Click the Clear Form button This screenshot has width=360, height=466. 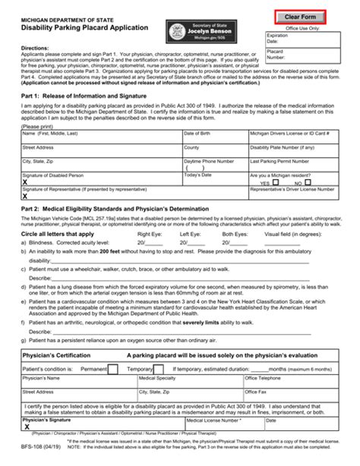(301, 17)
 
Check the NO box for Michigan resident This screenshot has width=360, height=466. (308, 182)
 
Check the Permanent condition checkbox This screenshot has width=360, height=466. (112, 369)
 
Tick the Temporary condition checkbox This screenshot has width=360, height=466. (159, 369)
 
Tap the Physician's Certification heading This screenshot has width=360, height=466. (60, 355)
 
